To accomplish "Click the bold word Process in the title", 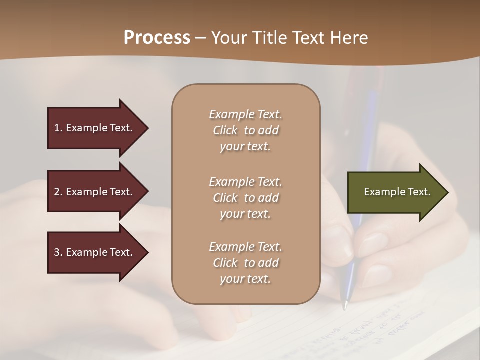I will (x=157, y=38).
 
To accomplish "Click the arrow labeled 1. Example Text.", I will (x=95, y=128).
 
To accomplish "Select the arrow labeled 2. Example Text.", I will (x=95, y=192).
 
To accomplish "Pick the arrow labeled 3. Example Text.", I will (x=95, y=252).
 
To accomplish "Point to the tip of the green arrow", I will (x=447, y=192).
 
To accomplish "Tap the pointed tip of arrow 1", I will (x=147, y=128).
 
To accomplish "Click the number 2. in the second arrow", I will (x=58, y=192).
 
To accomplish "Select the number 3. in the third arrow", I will (x=58, y=252).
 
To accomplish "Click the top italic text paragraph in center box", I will (x=245, y=130).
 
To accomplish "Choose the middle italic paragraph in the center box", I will (x=245, y=198).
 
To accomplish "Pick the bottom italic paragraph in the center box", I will (x=245, y=263).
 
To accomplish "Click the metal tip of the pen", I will (x=344, y=305).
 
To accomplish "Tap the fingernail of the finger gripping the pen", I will (x=372, y=245).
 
